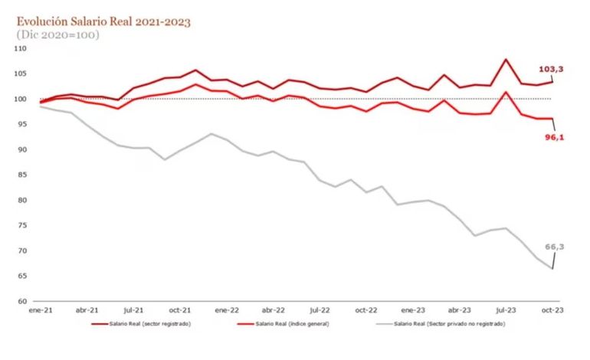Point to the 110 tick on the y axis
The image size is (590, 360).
point(21,48)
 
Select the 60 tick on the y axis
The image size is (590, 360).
point(22,301)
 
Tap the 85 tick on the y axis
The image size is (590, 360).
point(22,175)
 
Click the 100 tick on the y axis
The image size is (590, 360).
point(21,99)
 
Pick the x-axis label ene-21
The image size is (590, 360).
point(40,311)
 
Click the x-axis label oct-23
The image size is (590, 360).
point(552,311)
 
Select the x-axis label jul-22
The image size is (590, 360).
point(320,311)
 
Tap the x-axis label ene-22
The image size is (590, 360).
point(226,311)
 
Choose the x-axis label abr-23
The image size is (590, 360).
point(459,311)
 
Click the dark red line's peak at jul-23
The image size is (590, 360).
point(506,59)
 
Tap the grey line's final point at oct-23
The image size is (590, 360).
point(552,269)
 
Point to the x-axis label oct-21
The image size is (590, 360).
point(180,311)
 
